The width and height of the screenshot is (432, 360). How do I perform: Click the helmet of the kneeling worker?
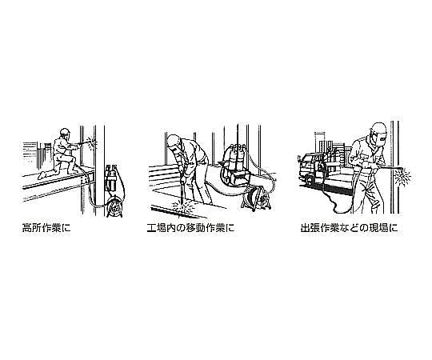point(65,131)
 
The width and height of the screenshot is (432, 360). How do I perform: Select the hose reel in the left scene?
point(115,207)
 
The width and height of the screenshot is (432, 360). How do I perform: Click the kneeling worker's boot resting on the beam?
point(42,175)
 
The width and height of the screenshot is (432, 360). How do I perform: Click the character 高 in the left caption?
point(26,228)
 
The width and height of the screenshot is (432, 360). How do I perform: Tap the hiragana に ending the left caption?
point(66,228)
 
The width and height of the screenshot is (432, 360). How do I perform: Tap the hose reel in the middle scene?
point(256,198)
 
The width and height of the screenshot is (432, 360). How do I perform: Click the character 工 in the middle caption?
point(152,228)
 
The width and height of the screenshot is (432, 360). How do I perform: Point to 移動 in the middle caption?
point(195,228)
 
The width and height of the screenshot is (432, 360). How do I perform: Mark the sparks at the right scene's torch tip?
point(402,176)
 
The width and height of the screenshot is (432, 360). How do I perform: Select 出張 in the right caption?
point(310,228)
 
